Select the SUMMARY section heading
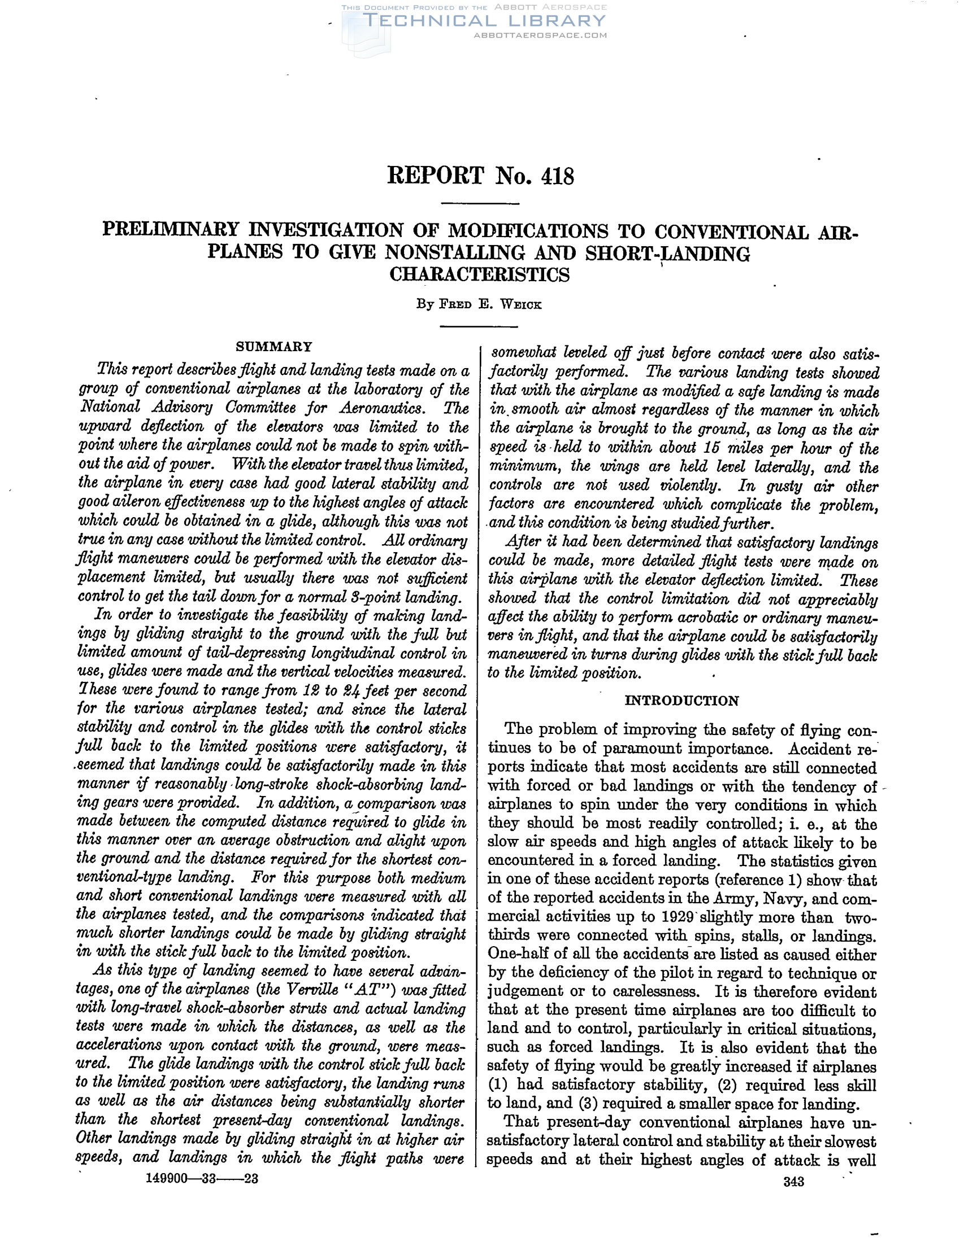[x=274, y=347]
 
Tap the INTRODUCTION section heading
[x=681, y=701]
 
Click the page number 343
[x=793, y=1182]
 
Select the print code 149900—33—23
[x=203, y=1179]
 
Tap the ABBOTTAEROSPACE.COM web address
[x=540, y=35]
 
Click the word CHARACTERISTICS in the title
[x=479, y=275]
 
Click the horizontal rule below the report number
[x=480, y=204]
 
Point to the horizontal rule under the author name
[x=479, y=326]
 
